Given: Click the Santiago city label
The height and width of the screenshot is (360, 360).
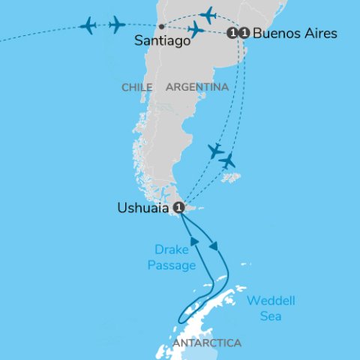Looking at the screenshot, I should click(x=162, y=42).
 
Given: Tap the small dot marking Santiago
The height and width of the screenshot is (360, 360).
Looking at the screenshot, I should click(x=162, y=27).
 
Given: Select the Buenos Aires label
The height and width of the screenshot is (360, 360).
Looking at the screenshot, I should click(x=295, y=34).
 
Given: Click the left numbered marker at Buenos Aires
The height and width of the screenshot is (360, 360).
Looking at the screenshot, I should click(x=233, y=34).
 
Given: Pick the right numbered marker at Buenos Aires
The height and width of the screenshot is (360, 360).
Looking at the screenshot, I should click(x=244, y=34).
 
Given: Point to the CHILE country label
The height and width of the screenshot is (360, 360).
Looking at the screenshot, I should click(x=136, y=88).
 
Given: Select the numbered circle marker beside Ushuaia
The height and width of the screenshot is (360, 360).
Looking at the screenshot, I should click(x=178, y=207).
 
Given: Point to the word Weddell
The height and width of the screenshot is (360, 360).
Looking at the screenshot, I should click(x=271, y=301).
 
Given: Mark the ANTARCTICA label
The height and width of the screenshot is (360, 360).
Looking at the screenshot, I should click(x=207, y=343).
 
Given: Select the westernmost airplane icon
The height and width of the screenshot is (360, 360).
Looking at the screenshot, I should click(x=88, y=26).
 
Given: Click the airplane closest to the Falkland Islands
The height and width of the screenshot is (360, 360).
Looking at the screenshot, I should click(x=226, y=160).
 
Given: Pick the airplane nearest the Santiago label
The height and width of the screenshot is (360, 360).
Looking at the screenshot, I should click(x=196, y=30).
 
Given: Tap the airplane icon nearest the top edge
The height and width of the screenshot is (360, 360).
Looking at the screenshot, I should click(x=208, y=14).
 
